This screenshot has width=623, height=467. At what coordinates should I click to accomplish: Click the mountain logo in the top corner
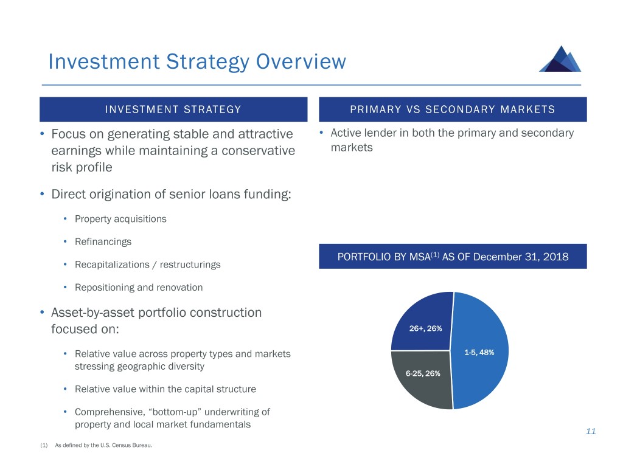(x=560, y=59)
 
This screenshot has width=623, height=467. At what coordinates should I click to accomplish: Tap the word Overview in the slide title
(x=301, y=61)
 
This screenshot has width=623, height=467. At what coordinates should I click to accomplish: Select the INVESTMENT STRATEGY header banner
(x=173, y=109)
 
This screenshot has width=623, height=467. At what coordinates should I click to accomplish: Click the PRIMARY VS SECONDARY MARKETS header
(x=453, y=109)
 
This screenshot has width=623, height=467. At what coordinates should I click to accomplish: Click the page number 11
(x=591, y=431)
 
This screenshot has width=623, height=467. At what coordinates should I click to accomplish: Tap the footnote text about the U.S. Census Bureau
(x=103, y=445)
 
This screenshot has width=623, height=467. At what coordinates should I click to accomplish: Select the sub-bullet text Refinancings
(x=103, y=242)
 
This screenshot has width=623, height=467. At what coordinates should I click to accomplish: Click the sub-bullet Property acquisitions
(x=120, y=219)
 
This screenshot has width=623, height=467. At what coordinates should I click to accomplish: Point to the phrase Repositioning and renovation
(x=139, y=288)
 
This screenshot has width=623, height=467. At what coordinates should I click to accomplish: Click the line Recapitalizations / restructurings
(x=147, y=265)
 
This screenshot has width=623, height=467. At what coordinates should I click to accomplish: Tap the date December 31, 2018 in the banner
(x=521, y=257)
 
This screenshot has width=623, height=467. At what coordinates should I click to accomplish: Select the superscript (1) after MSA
(x=435, y=254)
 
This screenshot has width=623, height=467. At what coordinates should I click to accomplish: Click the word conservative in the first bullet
(x=258, y=151)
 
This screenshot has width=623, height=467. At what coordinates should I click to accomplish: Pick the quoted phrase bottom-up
(x=175, y=412)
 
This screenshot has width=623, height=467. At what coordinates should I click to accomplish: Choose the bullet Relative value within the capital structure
(x=165, y=389)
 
